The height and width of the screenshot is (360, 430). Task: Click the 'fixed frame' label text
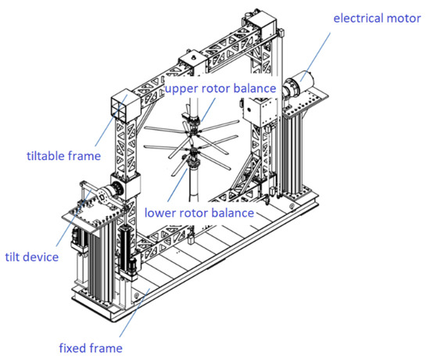point(92,347)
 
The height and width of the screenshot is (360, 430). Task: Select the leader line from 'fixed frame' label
point(125,316)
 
